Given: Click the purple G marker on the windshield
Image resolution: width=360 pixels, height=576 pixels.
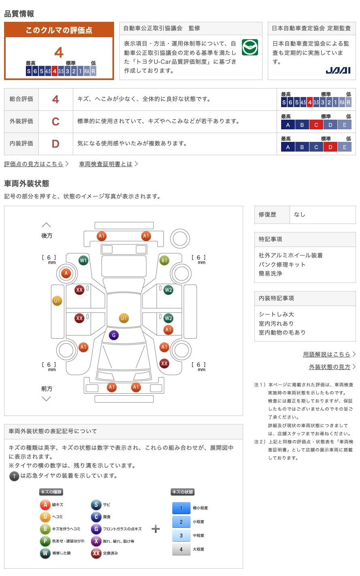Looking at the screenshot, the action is [x=114, y=335].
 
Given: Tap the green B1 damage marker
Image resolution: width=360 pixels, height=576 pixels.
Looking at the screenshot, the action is [x=164, y=260].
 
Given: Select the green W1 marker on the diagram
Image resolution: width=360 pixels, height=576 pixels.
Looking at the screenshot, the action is [x=83, y=260].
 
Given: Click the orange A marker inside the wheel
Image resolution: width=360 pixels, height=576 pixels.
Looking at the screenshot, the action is [x=66, y=273].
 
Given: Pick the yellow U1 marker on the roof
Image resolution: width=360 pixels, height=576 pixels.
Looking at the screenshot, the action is [x=124, y=318].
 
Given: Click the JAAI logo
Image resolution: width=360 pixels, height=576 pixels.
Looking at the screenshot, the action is [x=338, y=70].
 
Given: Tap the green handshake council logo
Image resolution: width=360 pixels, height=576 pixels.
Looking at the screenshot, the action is [x=250, y=47].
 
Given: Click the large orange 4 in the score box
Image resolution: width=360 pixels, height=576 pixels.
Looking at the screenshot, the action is [x=59, y=53].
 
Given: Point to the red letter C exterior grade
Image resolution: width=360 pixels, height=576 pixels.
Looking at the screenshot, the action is [x=55, y=121].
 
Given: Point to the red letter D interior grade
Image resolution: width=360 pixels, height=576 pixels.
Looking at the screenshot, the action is [x=55, y=144].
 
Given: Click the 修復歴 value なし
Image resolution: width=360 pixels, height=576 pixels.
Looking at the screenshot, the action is [x=300, y=215].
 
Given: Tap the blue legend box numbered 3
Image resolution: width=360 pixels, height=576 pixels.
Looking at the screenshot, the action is [x=181, y=535].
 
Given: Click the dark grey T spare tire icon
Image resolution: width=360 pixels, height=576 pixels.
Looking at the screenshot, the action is [x=14, y=476].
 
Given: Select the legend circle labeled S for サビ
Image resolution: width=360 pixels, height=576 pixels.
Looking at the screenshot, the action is [x=96, y=505].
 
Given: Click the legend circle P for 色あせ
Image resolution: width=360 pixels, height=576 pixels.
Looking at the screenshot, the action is [x=45, y=541].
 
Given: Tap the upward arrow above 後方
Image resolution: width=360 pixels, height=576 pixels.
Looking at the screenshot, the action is [x=47, y=225].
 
